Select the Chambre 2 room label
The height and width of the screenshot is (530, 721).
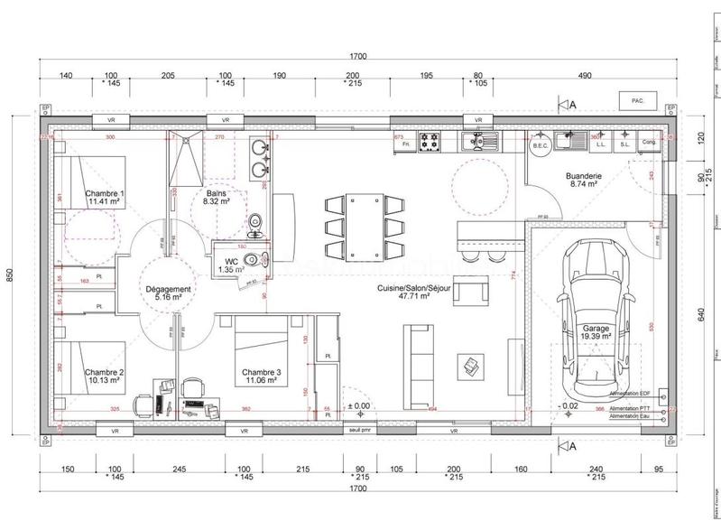(105, 377)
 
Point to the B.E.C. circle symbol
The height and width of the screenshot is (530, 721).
(541, 143)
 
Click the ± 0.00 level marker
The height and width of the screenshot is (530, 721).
(361, 405)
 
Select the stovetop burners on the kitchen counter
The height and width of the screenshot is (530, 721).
(432, 142)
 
